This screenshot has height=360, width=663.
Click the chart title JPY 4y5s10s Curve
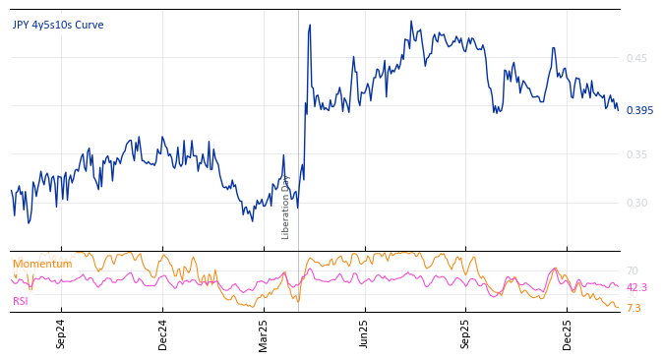[x=58, y=26]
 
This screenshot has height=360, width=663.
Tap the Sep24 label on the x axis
[x=61, y=333]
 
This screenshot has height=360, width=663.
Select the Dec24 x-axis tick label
[x=163, y=333]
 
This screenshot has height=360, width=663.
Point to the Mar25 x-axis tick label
[x=264, y=333]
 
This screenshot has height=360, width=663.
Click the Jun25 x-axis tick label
[x=365, y=333]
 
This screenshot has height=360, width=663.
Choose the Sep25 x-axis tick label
[x=466, y=333]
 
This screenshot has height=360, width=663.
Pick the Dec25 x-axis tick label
[x=568, y=333]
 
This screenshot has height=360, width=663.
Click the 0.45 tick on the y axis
[x=636, y=58]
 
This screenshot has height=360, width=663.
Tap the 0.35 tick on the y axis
[x=636, y=154]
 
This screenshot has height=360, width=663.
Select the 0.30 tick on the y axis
[x=636, y=203]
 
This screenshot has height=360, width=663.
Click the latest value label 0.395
[x=639, y=110]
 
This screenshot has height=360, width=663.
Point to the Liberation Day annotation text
[x=286, y=207]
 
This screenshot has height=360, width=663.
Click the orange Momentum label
[x=42, y=264]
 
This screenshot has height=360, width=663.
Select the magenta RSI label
[x=21, y=301]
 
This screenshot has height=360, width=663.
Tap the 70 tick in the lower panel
[x=632, y=270]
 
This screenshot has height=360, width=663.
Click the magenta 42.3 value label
[x=636, y=287]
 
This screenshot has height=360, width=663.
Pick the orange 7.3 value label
[x=633, y=308]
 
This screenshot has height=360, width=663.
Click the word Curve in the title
[x=90, y=26]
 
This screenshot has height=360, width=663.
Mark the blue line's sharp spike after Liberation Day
[x=310, y=26]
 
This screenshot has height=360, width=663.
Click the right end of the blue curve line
[x=618, y=109]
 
